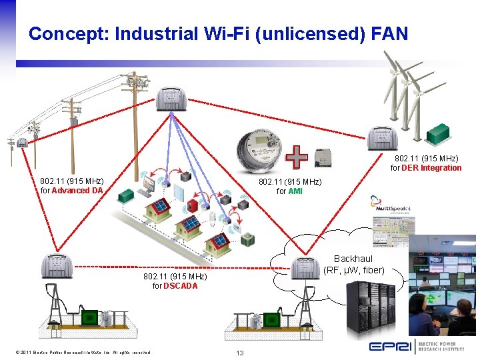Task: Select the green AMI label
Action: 295,191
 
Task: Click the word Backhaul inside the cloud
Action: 353,259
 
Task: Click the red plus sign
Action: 296,157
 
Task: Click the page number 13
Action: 241,352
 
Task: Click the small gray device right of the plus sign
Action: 324,158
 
